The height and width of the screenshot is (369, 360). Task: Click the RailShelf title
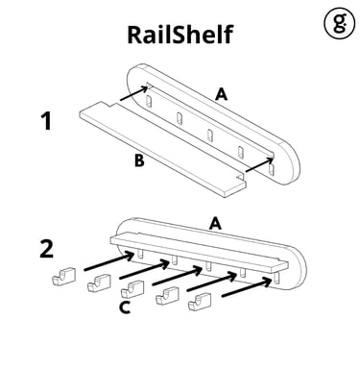point(180,34)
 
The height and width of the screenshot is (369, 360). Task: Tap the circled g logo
point(340,23)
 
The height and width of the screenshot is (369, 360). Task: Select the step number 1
point(47,121)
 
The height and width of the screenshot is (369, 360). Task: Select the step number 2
point(47,249)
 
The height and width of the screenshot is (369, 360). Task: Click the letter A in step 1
point(222,94)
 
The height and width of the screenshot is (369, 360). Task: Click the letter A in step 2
point(215,223)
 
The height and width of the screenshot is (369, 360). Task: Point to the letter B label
point(139,160)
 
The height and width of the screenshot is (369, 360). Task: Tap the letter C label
point(125,307)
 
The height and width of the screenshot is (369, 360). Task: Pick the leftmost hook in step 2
point(64,277)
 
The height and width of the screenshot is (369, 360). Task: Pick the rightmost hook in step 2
point(200,303)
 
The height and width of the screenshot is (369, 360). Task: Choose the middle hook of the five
point(132,289)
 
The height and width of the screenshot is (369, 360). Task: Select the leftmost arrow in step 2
point(109,261)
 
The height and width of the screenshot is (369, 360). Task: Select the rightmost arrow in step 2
point(247,287)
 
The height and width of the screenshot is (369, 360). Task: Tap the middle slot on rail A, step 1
point(210,135)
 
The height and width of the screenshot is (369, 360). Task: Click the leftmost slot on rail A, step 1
point(149,102)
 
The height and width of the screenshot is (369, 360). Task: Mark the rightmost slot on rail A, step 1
point(272,169)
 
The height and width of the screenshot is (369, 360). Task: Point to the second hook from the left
point(99,283)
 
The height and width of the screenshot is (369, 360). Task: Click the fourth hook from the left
point(167,296)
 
